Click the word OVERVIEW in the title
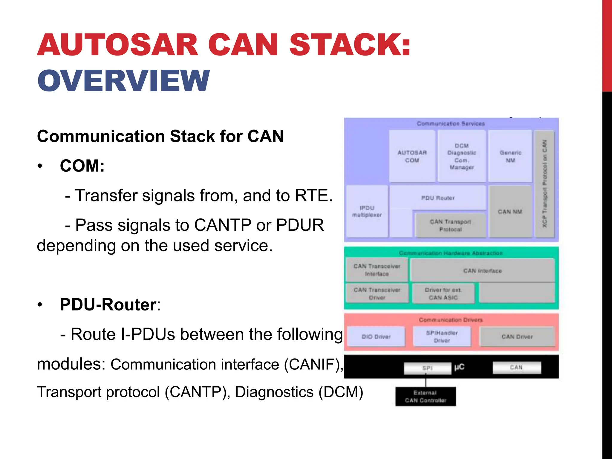[123, 81]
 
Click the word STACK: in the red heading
[349, 45]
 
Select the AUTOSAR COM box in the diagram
[412, 156]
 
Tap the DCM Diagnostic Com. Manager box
[462, 156]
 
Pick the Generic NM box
[510, 156]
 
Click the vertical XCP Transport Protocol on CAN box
[544, 184]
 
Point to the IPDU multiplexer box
[367, 211]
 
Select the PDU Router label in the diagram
[438, 198]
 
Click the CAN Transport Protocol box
[450, 225]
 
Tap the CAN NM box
[510, 212]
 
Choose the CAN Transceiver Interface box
[377, 270]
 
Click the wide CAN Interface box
[482, 271]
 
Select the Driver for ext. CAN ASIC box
[443, 293]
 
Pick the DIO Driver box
[376, 336]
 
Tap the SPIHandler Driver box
[442, 336]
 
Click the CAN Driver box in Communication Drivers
[517, 336]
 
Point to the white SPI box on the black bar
[427, 368]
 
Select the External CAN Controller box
[426, 397]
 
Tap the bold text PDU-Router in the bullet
[108, 305]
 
